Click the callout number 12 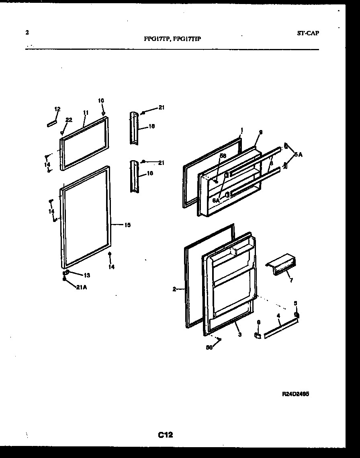[x=57, y=109]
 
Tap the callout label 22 [x=69, y=120]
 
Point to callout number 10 [x=100, y=100]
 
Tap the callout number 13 [x=87, y=275]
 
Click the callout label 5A [x=298, y=154]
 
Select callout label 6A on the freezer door [x=216, y=200]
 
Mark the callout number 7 [x=291, y=280]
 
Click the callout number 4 [x=278, y=316]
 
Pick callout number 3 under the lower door [x=239, y=334]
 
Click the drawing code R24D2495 [x=295, y=394]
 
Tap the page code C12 [x=165, y=434]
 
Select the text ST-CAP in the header [x=308, y=33]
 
